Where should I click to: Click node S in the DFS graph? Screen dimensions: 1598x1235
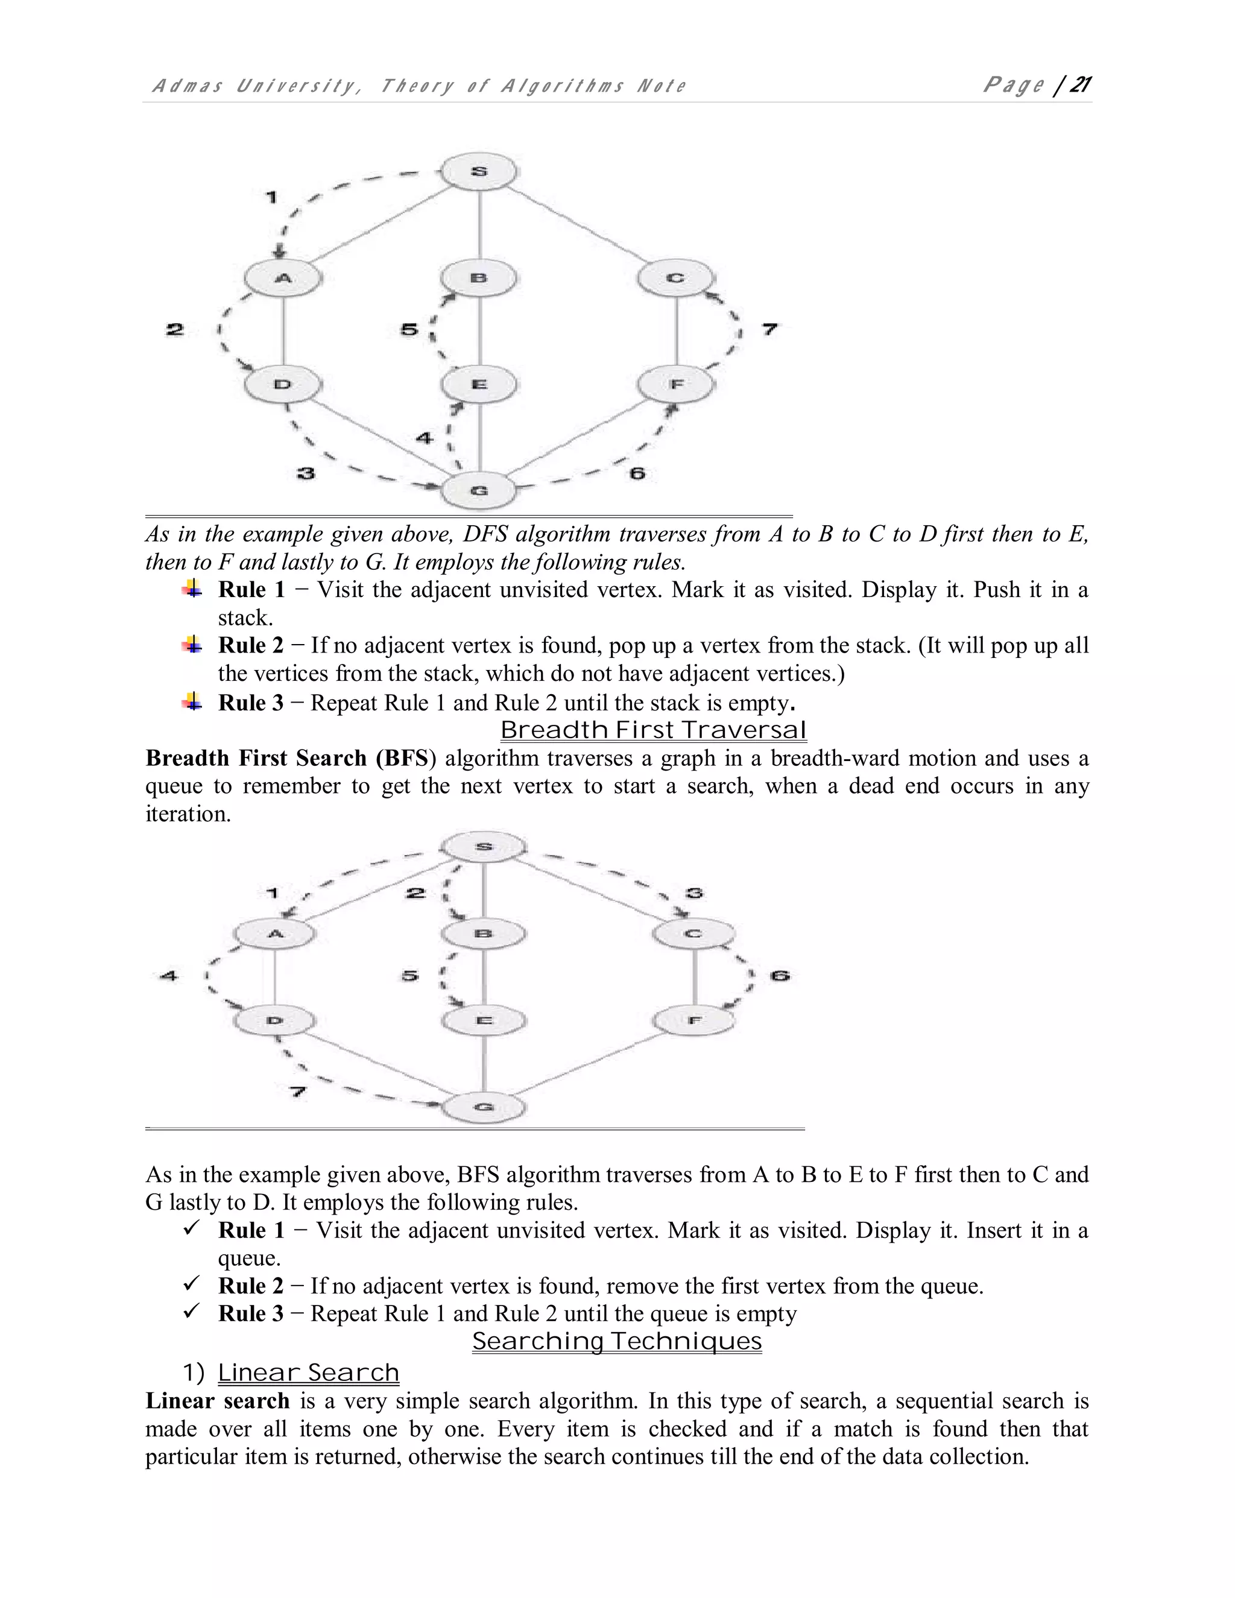coord(479,172)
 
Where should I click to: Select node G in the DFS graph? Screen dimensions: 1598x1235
coord(479,490)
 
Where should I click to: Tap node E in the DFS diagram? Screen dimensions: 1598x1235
coord(479,384)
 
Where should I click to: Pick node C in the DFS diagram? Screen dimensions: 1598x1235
coord(675,278)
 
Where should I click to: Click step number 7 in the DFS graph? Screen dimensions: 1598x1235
coord(769,329)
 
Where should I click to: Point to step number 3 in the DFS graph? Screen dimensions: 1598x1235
coord(306,473)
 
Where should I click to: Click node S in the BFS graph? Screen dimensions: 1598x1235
coord(483,847)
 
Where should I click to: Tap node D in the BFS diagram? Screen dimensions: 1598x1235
coord(274,1020)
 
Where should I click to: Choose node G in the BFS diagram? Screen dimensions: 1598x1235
coord(483,1107)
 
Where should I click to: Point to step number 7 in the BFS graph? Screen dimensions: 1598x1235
coord(297,1093)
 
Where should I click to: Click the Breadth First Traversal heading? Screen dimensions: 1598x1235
coord(652,730)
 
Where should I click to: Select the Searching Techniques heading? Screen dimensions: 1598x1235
coord(617,1341)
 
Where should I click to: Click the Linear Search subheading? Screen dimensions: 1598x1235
coord(308,1372)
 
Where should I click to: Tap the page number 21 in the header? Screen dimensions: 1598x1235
coord(1080,85)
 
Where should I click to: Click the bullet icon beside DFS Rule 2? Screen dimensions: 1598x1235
coord(192,645)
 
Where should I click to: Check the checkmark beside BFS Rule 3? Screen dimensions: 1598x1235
coord(192,1313)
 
